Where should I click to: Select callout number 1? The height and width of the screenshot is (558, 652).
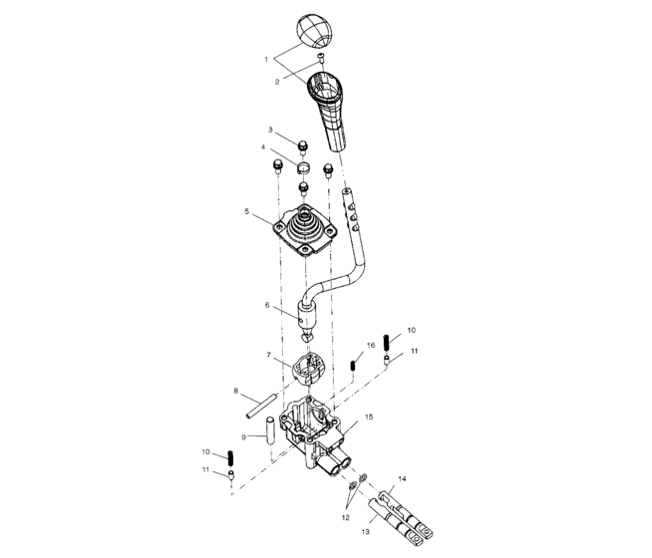(x=266, y=59)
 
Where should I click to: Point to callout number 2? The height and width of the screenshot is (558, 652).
(x=277, y=82)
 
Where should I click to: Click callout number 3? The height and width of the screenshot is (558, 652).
(x=269, y=131)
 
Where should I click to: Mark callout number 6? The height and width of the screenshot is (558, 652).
(x=266, y=305)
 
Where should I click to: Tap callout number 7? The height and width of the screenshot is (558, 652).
(x=267, y=355)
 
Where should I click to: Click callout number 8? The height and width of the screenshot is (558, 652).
(x=235, y=390)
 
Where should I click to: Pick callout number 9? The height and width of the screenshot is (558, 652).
(x=243, y=436)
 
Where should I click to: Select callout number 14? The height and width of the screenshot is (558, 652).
(x=402, y=479)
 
